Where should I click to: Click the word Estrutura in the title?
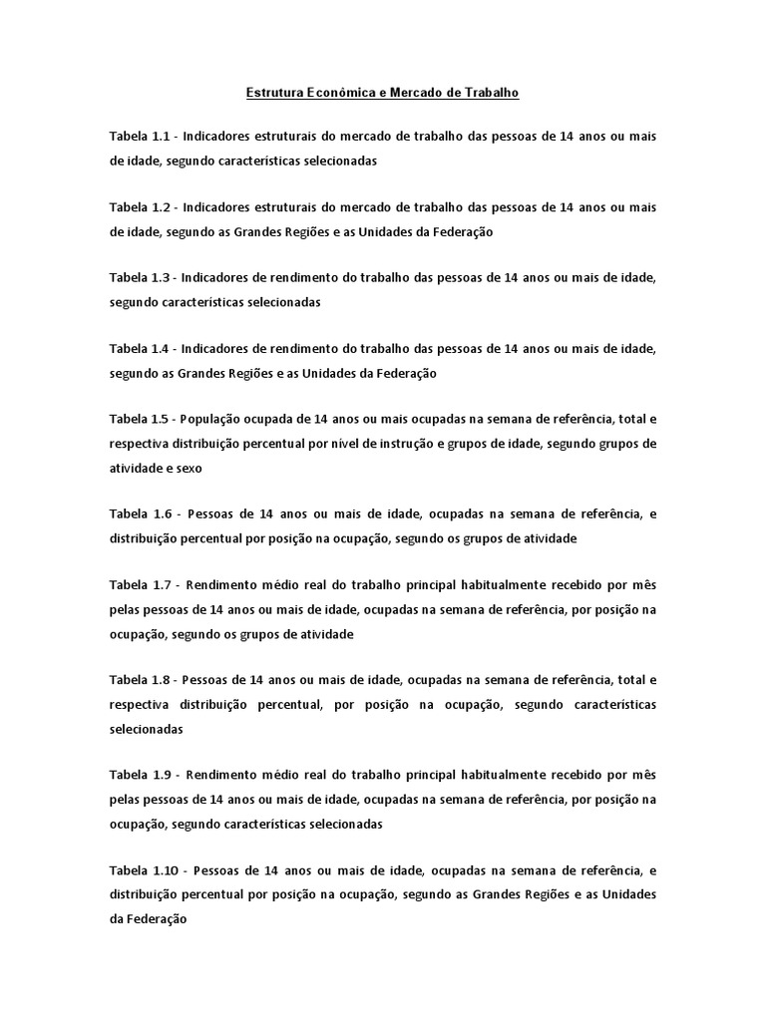tap(273, 93)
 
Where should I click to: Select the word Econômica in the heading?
tap(340, 93)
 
